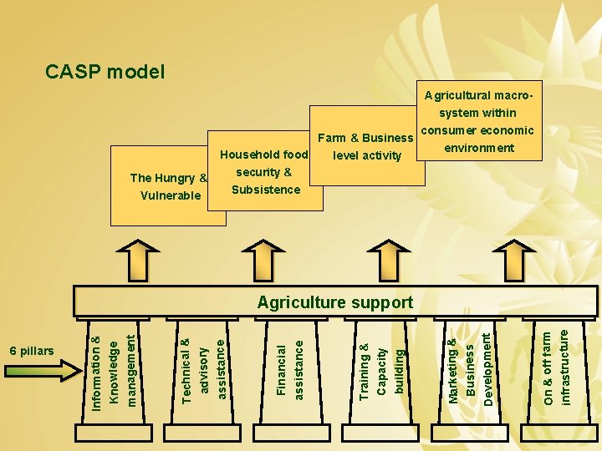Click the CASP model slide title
click(x=105, y=72)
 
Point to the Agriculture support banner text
click(x=335, y=302)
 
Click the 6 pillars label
click(x=32, y=350)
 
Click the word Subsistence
click(x=266, y=190)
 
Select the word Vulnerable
click(x=170, y=195)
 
